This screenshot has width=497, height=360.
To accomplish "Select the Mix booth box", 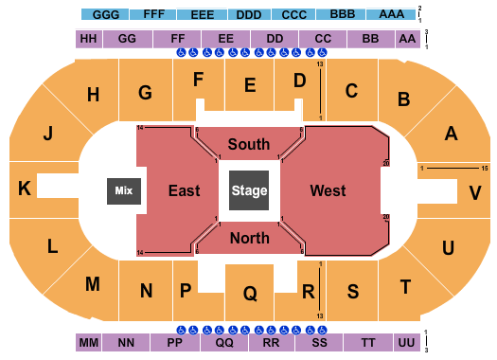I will coord(124,191).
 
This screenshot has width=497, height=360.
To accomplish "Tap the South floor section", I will coord(249,144).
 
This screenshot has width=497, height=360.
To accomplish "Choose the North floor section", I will coord(249,238).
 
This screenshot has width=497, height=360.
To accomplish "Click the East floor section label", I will coord(184,190).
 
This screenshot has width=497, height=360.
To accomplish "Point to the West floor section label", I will coord(328,190).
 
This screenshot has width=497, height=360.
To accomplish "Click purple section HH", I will coord(88,39).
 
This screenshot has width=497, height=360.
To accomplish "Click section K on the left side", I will coord(25,189).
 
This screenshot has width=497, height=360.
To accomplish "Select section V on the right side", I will coord(474,191).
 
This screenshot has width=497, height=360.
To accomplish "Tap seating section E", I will coord(250,85).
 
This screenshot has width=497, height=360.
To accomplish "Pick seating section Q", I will coord(250,294).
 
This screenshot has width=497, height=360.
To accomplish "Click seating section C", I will coord(350,91).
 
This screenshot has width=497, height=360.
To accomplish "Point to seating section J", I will coord(46,134).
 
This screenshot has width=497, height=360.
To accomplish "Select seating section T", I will coord(406,286).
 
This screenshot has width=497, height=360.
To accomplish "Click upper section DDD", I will coord(248,15).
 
